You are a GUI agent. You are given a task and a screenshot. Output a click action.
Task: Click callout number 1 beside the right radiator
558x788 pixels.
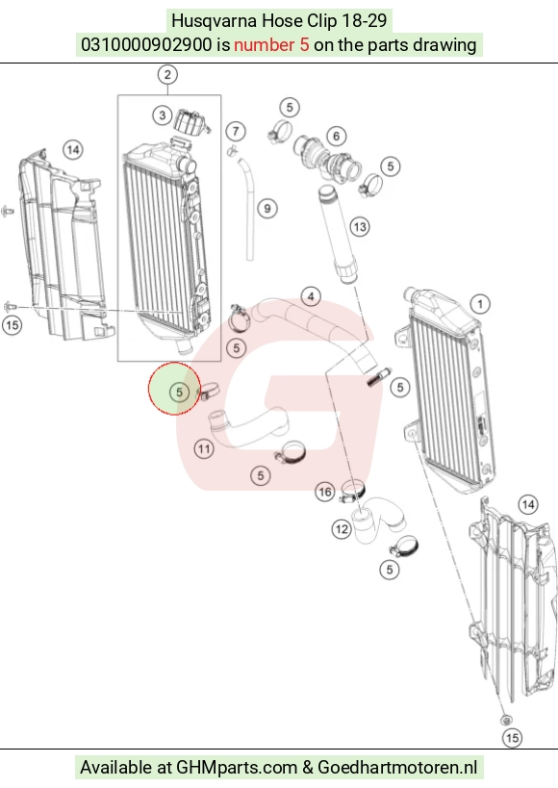(480, 304)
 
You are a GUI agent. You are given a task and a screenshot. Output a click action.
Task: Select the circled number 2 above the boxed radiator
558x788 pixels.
(167, 75)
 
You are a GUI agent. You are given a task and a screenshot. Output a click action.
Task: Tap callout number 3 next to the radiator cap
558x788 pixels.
(162, 115)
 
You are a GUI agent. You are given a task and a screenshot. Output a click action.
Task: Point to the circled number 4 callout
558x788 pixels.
(311, 297)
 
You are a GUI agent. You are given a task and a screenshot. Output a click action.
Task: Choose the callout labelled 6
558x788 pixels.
(337, 136)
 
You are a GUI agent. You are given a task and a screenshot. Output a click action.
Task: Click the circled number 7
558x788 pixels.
(236, 131)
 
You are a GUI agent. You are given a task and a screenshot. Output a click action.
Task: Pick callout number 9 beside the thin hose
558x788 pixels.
(266, 209)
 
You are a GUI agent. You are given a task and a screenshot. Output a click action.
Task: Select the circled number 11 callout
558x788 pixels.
(204, 448)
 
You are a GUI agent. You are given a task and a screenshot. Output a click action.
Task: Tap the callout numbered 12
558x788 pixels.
(342, 528)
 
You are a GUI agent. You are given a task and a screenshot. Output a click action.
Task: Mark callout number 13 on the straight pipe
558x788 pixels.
(360, 227)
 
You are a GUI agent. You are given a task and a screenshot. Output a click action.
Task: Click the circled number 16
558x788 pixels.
(325, 492)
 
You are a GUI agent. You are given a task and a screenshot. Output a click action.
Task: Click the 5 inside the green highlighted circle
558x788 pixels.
(179, 392)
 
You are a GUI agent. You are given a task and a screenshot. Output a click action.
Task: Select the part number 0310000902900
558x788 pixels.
(146, 44)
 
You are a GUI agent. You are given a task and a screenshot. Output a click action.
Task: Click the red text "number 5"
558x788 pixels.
(271, 44)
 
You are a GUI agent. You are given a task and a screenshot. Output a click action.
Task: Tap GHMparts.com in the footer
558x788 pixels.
(237, 768)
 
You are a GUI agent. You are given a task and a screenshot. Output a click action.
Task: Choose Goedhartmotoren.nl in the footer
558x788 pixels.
(397, 768)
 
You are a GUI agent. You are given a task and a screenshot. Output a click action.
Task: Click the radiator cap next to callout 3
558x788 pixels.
(191, 122)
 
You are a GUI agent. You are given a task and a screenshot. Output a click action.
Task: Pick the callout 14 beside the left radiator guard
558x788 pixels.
(73, 150)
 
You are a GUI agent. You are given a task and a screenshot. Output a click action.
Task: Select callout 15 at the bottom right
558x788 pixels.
(512, 738)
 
